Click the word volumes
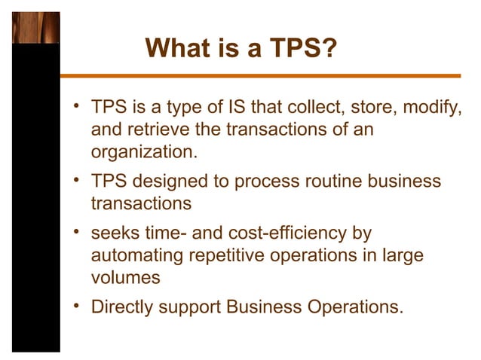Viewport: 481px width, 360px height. [125, 276]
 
